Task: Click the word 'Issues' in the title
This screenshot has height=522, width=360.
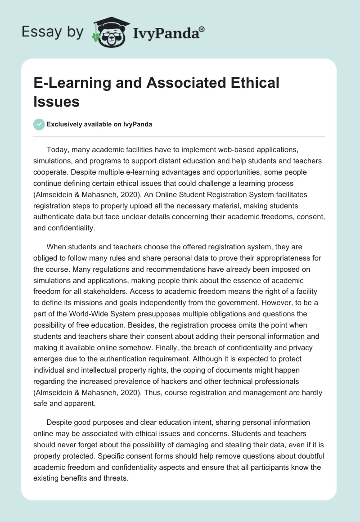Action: tap(56, 101)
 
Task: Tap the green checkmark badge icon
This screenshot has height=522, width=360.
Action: tap(39, 124)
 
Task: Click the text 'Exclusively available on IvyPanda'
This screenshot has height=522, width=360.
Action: tap(99, 124)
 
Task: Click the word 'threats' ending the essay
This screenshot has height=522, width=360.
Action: tap(116, 478)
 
